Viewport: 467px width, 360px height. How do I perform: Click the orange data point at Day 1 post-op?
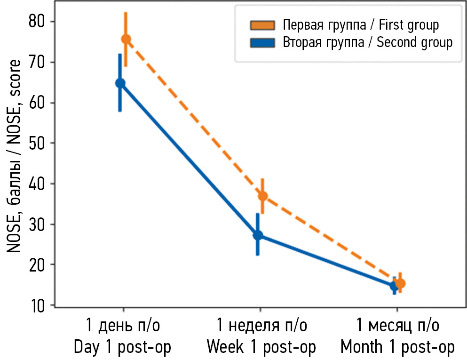(126, 39)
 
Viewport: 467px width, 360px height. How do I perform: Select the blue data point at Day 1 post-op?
(120, 83)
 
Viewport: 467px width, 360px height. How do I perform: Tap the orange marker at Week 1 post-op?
(263, 196)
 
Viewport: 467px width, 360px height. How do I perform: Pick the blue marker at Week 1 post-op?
(258, 235)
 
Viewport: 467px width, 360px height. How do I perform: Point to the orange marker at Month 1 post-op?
(400, 283)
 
